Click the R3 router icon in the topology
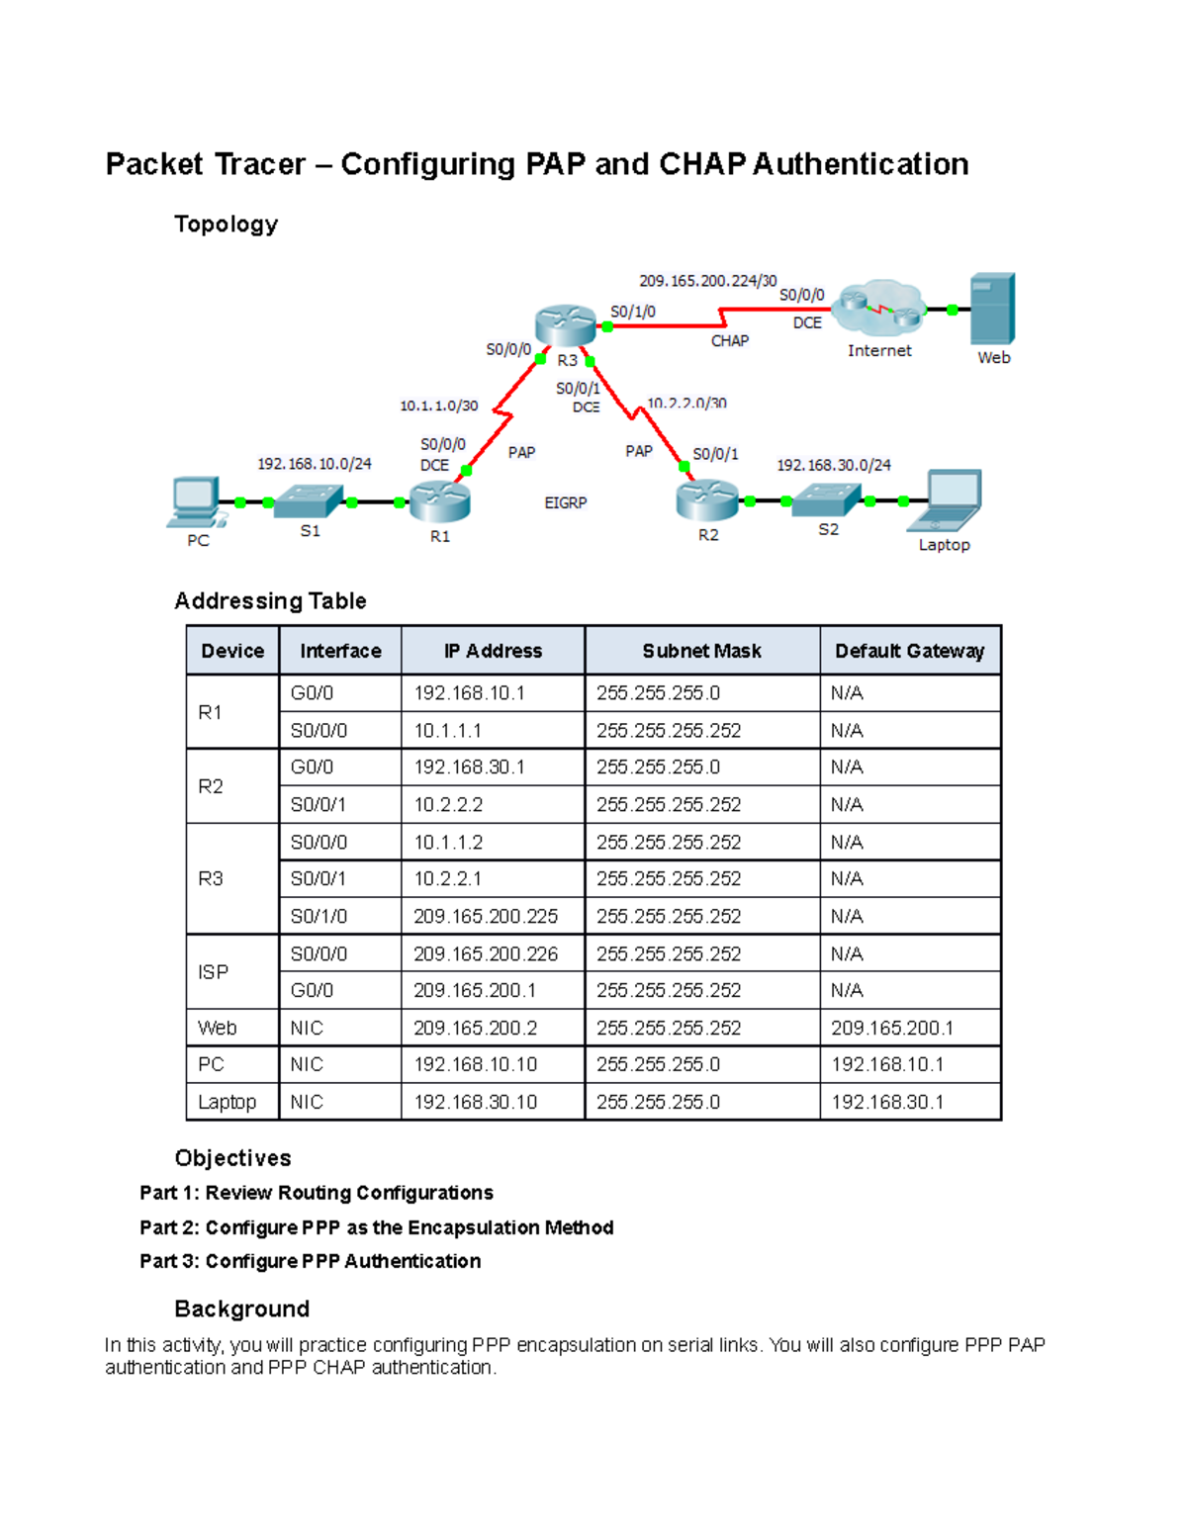point(565,325)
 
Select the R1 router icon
point(439,501)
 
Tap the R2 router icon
point(707,499)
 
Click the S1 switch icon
point(309,501)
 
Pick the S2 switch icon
point(827,499)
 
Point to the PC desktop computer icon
point(194,502)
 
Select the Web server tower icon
point(992,309)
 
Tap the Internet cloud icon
point(878,309)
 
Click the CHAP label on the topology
point(730,341)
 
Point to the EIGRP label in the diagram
point(566,503)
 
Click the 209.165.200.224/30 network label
point(708,281)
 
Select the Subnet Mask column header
point(701,651)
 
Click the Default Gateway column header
point(909,651)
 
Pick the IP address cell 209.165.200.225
point(486,917)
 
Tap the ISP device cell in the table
point(214,972)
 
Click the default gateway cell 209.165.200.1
point(892,1029)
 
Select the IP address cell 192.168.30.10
point(476,1102)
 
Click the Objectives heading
point(232,1158)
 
